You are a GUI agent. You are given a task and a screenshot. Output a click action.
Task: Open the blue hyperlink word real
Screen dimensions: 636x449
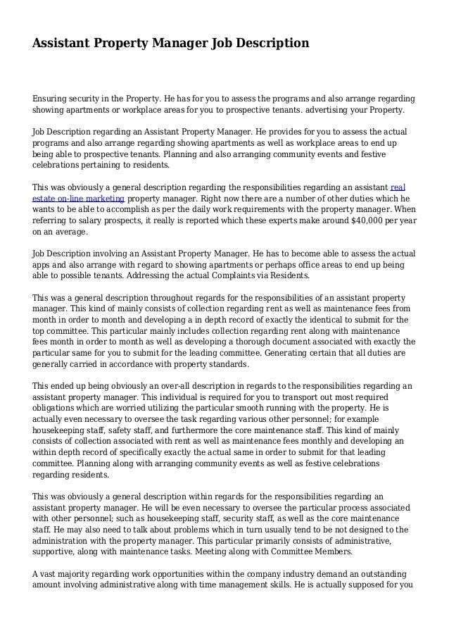397,187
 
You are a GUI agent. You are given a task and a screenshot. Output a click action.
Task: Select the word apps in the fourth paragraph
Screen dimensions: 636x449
44,265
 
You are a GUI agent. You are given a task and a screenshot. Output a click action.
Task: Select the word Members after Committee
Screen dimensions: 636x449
334,552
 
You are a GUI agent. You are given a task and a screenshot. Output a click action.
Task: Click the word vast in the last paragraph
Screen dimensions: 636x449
52,575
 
